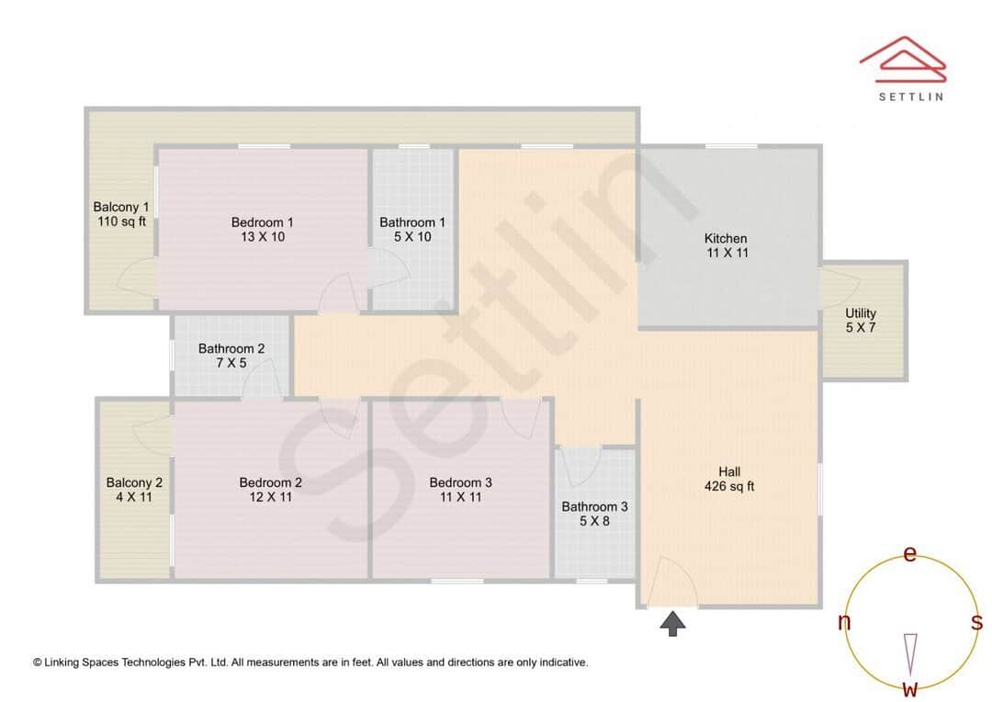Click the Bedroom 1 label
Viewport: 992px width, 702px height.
coord(262,222)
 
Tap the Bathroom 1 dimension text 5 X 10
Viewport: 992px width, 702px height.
coord(412,237)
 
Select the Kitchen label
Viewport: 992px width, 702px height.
coord(726,239)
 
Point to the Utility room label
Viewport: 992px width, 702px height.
coord(861,313)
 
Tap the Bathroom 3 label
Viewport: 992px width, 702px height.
coord(594,506)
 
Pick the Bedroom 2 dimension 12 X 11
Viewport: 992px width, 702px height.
coord(271,497)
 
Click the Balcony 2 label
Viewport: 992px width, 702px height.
coord(134,482)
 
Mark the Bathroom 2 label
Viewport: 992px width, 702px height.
coord(231,348)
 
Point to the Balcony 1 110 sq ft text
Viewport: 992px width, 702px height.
coord(120,214)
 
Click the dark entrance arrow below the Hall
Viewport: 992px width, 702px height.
coord(673,625)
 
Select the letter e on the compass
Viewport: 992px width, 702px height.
coord(910,554)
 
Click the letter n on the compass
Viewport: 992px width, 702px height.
coord(844,622)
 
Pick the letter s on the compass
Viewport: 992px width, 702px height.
coord(976,622)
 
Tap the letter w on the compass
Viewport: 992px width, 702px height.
coord(910,688)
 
